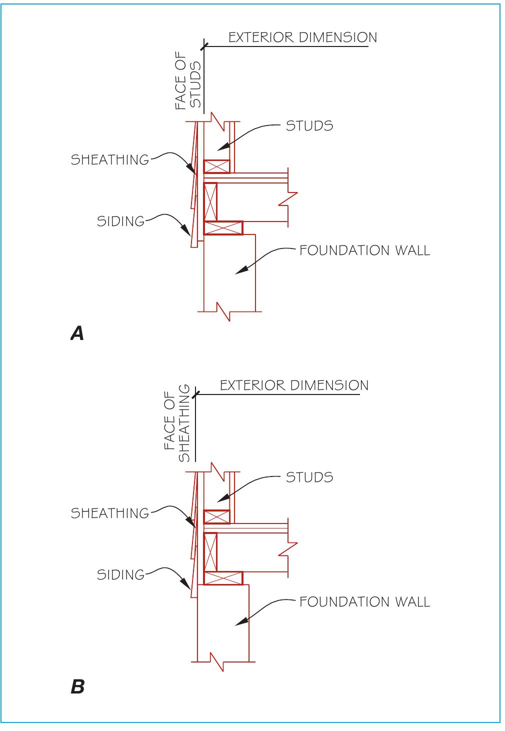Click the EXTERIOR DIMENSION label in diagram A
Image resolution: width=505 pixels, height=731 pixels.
point(302,37)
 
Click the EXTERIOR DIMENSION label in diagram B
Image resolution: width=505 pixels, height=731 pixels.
point(294,385)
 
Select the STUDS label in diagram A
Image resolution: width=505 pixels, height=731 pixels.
point(309,125)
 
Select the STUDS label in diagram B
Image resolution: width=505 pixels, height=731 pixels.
point(309,477)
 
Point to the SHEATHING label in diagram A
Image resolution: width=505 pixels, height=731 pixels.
point(110,160)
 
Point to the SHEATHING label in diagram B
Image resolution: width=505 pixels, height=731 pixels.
point(110,513)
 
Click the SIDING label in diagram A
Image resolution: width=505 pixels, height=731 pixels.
point(120,221)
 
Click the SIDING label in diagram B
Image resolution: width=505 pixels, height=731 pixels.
point(120,574)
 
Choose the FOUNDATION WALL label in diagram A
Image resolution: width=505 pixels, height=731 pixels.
point(364,250)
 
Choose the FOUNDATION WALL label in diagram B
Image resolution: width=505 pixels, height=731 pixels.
point(364,601)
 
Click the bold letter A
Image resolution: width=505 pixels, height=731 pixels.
point(77,333)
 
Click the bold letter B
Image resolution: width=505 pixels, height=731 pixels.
point(77,686)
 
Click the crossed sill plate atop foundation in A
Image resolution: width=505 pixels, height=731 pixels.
point(223,228)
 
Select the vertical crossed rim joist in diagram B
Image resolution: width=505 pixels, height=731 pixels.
point(210,552)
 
